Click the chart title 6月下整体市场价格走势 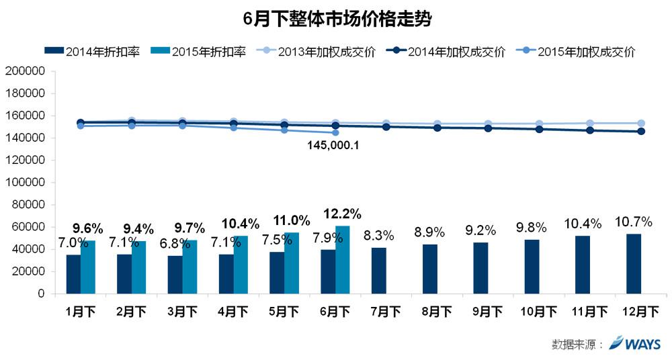(336, 18)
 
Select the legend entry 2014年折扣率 (91, 51)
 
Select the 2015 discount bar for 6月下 (342, 260)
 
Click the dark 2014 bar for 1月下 (73, 274)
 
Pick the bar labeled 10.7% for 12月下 (633, 264)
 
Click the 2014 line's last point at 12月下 (641, 132)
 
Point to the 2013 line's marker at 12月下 (641, 124)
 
